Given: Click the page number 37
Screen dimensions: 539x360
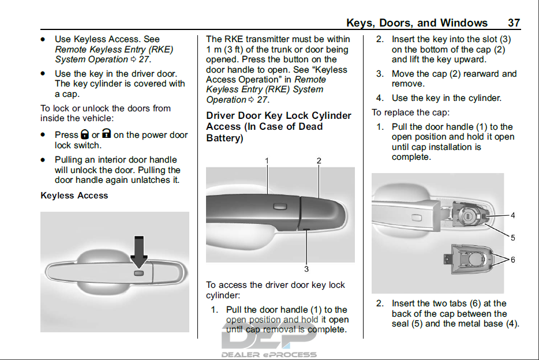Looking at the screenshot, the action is (x=514, y=22).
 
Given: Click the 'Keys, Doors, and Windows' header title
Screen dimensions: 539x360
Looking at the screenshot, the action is (x=417, y=23).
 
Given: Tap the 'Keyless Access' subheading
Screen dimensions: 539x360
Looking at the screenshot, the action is (x=74, y=196).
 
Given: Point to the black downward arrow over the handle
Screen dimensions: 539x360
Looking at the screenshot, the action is (x=139, y=252).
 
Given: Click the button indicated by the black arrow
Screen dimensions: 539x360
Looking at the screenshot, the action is (x=139, y=273).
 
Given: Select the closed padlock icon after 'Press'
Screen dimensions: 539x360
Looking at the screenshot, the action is (x=85, y=134).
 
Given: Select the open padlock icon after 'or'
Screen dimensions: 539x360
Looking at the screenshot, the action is (x=107, y=133).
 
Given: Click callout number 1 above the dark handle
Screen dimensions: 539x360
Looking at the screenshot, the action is (x=267, y=160).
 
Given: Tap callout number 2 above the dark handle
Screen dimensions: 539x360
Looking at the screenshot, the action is (x=319, y=160).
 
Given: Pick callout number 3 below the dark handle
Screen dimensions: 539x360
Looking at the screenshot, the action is (x=306, y=269).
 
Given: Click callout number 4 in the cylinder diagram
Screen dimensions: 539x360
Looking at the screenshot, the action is (x=512, y=215).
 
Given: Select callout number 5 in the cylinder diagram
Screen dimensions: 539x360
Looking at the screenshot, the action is (x=512, y=238).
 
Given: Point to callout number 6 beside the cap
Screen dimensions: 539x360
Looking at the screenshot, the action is (x=512, y=260).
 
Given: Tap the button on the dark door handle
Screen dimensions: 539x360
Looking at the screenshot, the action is (x=280, y=206).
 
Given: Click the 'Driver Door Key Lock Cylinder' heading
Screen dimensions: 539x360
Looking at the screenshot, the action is (x=279, y=116).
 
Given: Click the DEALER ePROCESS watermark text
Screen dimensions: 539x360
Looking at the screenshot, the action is (x=269, y=354).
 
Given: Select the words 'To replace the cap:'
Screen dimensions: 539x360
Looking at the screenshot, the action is (x=411, y=112).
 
